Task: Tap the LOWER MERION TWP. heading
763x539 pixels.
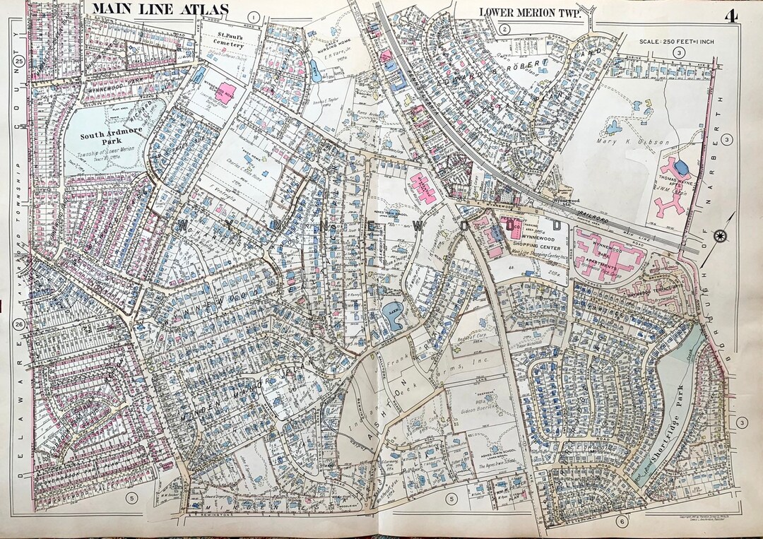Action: tap(529, 11)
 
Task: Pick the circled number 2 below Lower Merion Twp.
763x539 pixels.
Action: tap(504, 29)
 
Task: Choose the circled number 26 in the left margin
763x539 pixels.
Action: tap(20, 324)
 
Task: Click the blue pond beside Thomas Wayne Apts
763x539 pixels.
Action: tap(681, 167)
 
